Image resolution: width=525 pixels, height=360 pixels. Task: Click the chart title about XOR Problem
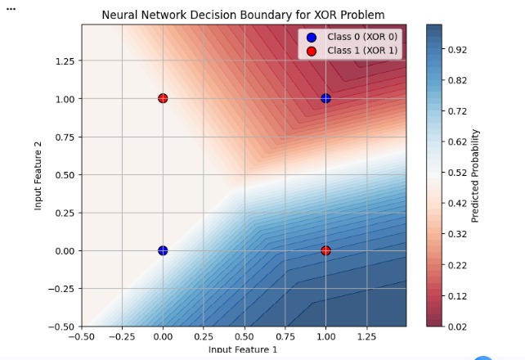point(243,15)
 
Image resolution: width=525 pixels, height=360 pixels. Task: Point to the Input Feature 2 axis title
point(38,174)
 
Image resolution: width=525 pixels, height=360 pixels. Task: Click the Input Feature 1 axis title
point(243,350)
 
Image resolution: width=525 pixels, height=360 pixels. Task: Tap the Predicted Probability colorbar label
point(476,175)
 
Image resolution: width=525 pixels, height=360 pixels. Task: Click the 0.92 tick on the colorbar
point(457,50)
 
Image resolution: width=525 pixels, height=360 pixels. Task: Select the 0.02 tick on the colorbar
point(457,326)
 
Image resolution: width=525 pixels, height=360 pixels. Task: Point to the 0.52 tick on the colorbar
point(457,173)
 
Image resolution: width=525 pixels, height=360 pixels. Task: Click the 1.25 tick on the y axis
point(65,61)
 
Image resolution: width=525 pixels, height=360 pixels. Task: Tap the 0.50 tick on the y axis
point(65,174)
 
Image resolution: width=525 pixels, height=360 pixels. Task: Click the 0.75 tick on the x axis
point(285,335)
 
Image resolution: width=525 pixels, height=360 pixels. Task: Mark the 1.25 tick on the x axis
point(366,335)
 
